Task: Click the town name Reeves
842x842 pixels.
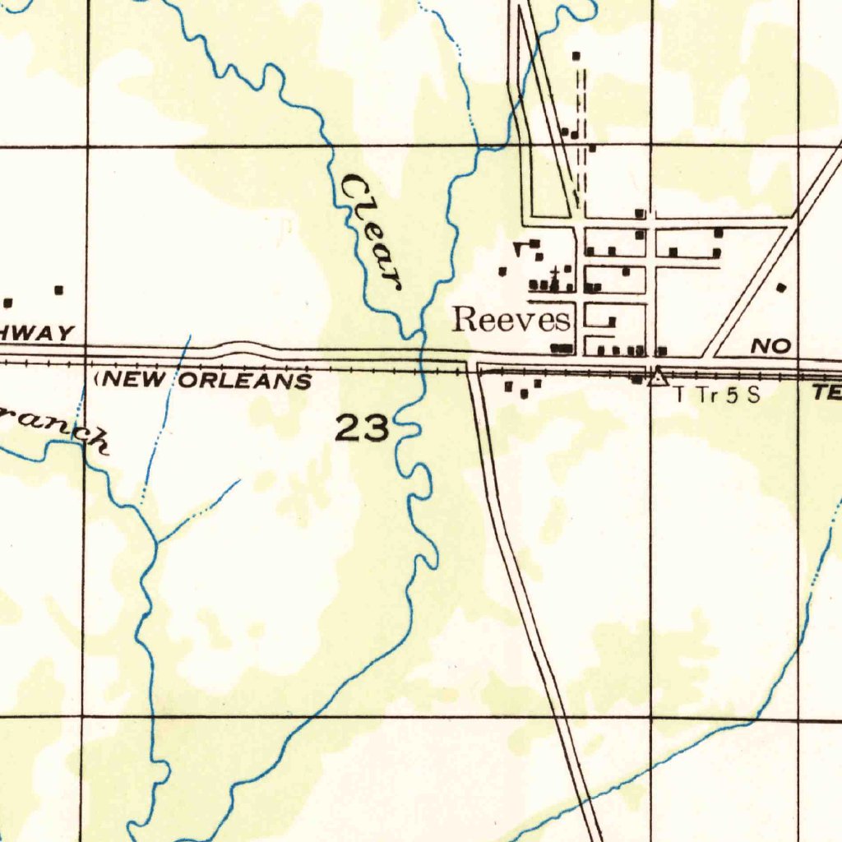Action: (511, 319)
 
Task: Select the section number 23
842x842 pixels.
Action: (362, 428)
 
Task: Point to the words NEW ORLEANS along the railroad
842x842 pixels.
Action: (206, 381)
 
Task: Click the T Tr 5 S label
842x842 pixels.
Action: (715, 395)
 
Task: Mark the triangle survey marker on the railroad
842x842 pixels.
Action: (656, 377)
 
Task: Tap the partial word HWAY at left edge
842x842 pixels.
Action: (37, 333)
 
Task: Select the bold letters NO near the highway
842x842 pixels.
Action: (770, 347)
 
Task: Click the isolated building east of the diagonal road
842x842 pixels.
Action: (781, 288)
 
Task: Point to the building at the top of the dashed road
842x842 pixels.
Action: (576, 56)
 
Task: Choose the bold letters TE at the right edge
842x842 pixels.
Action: (826, 394)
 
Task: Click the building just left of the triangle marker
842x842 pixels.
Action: (637, 379)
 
